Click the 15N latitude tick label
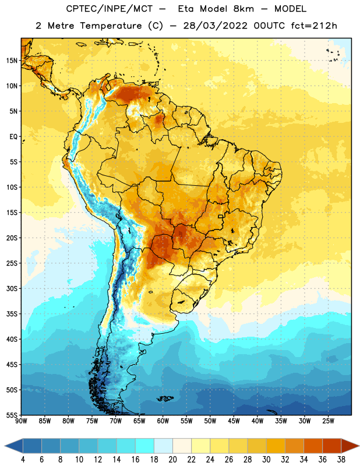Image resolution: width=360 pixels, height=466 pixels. [x=12, y=61]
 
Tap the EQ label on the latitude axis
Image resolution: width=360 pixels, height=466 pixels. [x=13, y=137]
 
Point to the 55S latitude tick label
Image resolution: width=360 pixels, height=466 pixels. [x=12, y=415]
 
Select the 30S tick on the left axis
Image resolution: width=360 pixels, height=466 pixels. [x=12, y=288]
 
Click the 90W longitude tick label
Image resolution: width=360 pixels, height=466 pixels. [x=21, y=421]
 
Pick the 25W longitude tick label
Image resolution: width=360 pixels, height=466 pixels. [x=328, y=421]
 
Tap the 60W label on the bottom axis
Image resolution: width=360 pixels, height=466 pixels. [x=163, y=421]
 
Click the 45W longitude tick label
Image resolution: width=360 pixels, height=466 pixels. [x=234, y=421]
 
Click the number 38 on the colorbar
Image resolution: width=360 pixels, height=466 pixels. [x=341, y=460]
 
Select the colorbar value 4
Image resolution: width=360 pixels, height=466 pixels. [x=23, y=460]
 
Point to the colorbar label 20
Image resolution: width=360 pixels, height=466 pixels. [x=172, y=460]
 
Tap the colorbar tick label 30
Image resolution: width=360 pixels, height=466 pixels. [x=266, y=460]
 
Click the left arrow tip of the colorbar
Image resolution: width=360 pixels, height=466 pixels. [x=5, y=446]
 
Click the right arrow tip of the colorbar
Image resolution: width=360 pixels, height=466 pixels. [x=359, y=446]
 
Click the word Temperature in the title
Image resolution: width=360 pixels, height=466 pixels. [x=111, y=26]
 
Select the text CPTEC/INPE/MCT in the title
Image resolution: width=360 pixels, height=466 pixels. [x=109, y=9]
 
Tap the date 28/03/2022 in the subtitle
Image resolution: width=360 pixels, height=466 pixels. [x=215, y=26]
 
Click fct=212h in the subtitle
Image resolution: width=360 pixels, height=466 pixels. [x=314, y=26]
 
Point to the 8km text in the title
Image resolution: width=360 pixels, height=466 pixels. [x=243, y=9]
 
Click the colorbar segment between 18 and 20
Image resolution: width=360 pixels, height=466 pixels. [x=164, y=446]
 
